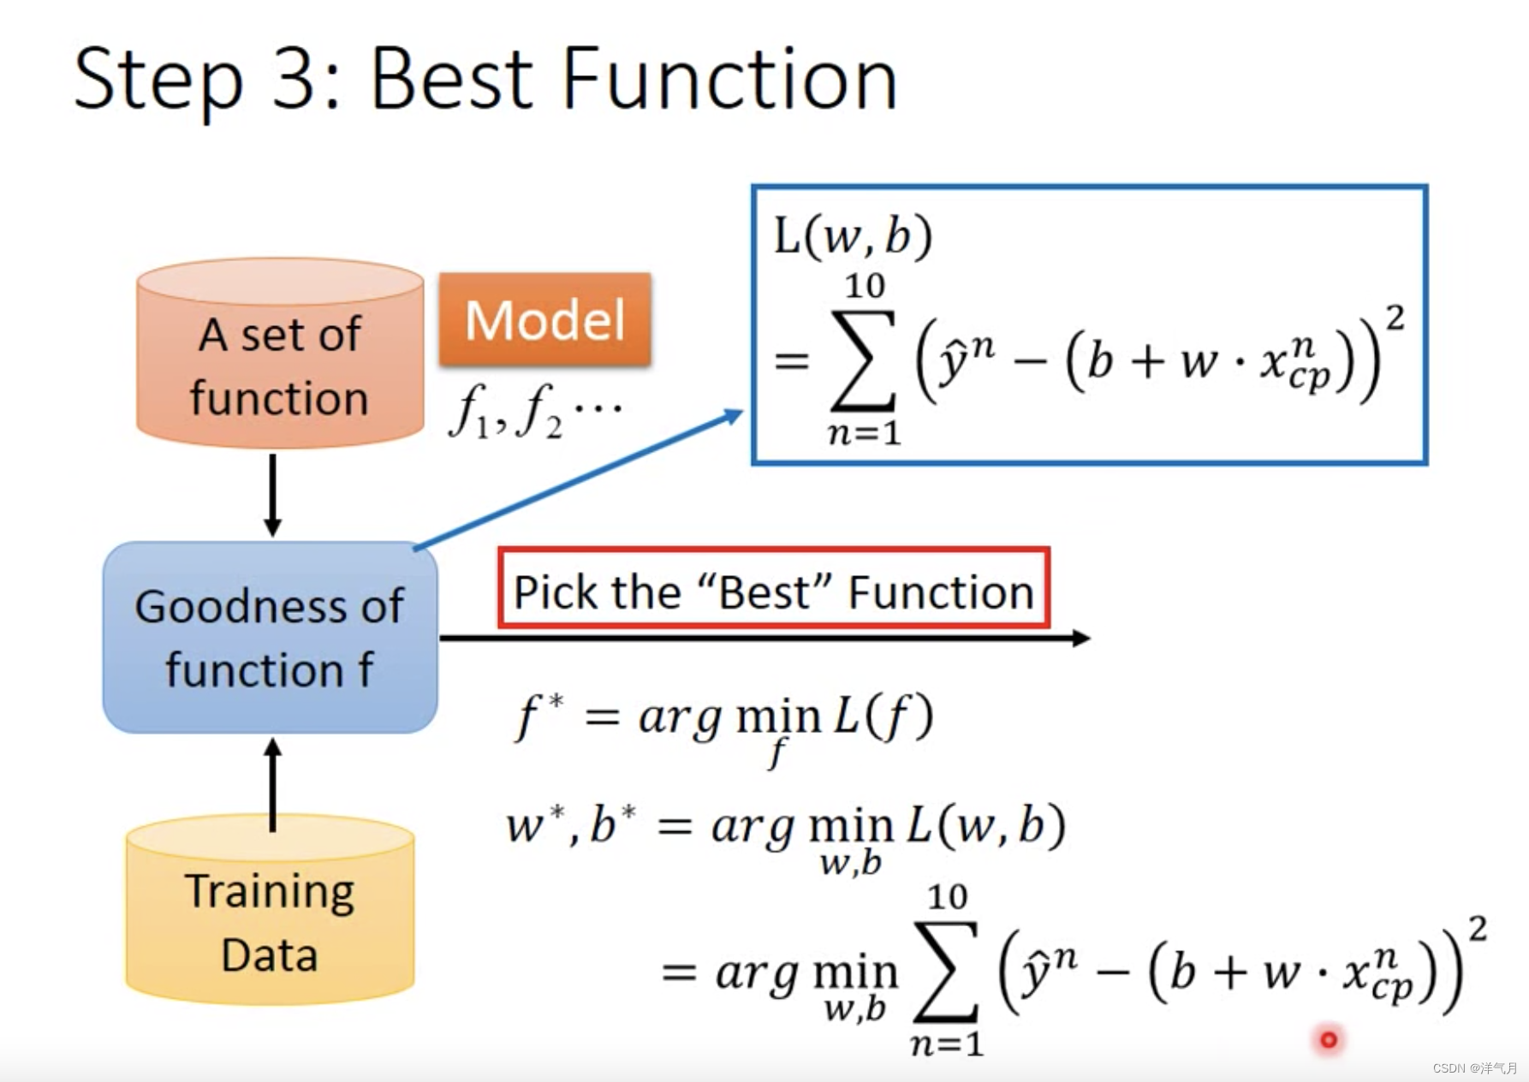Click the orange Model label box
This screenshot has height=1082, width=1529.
544,319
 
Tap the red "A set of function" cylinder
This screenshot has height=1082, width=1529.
280,355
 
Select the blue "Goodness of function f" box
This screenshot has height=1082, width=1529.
270,638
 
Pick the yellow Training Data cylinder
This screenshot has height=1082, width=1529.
270,912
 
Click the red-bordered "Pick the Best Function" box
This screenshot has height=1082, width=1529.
773,590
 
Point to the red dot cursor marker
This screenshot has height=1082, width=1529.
1328,1039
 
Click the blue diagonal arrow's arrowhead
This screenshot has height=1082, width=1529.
734,416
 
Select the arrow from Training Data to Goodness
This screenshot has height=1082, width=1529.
273,783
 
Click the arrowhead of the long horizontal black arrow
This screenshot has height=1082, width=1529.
1081,638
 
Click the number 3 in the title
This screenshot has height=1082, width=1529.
294,80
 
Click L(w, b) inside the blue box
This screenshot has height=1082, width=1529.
852,235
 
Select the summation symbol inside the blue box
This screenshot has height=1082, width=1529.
864,360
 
